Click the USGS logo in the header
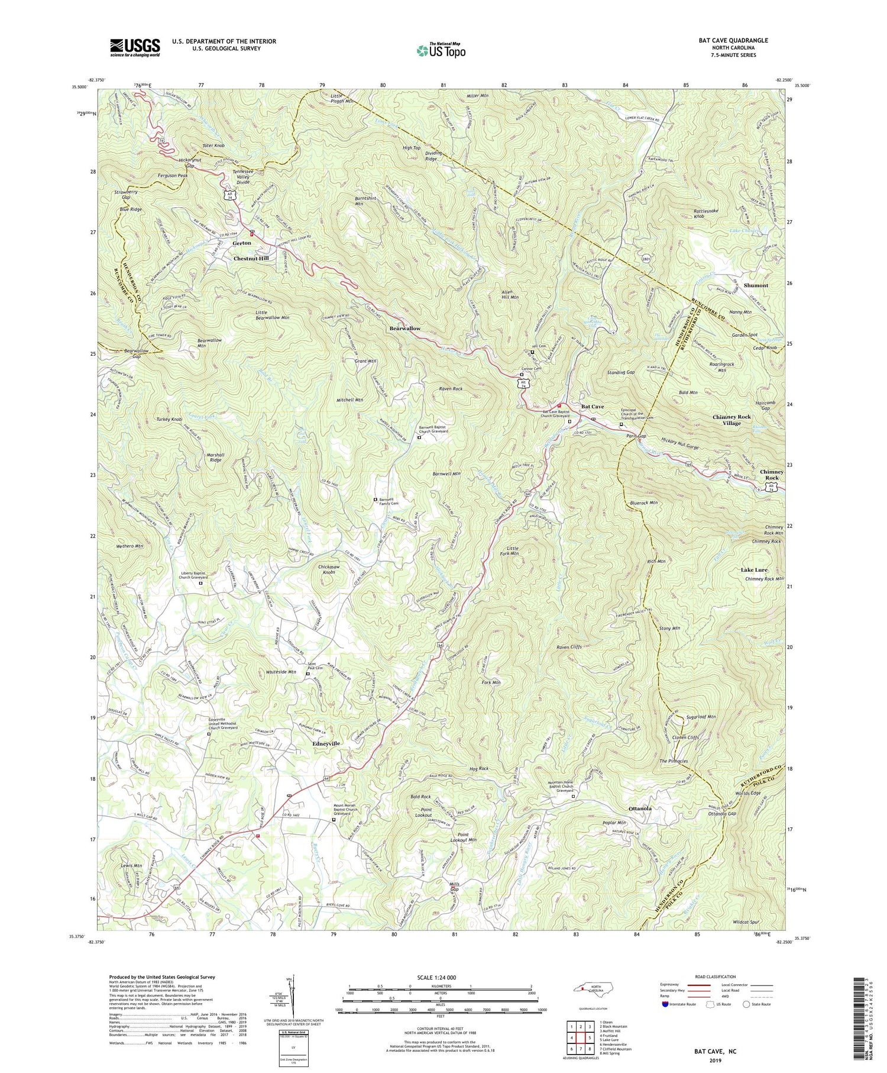coord(134,47)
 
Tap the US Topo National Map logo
coord(441,50)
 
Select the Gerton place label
coord(242,243)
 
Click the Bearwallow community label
coord(405,328)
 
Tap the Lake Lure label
coord(754,569)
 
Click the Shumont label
coord(756,285)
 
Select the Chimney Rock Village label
coord(731,420)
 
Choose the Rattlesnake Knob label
coord(707,213)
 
